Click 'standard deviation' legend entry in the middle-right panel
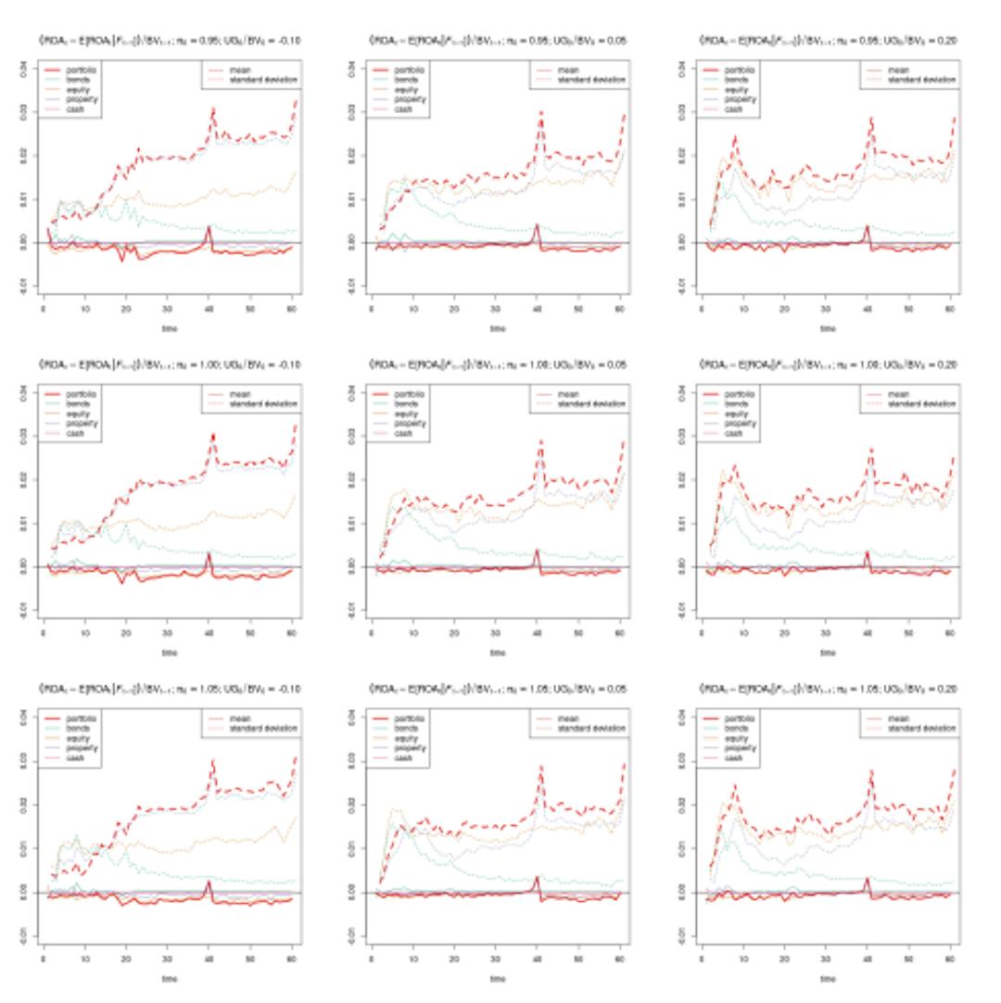click(x=919, y=404)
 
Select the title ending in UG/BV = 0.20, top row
click(x=828, y=41)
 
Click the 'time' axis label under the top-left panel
click(x=170, y=328)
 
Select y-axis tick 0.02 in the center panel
click(x=352, y=479)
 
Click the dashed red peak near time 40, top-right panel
click(x=871, y=119)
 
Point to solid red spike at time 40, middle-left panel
click(x=209, y=554)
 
